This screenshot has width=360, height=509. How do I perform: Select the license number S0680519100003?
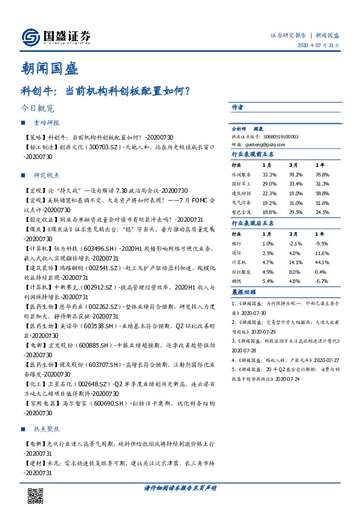280,137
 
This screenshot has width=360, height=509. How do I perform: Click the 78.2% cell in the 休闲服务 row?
295,173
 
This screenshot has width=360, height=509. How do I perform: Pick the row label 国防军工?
243,183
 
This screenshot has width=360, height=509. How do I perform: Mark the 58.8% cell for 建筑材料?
322,193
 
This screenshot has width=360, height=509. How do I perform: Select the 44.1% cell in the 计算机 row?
322,262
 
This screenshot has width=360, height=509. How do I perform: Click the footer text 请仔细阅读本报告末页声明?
180,488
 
